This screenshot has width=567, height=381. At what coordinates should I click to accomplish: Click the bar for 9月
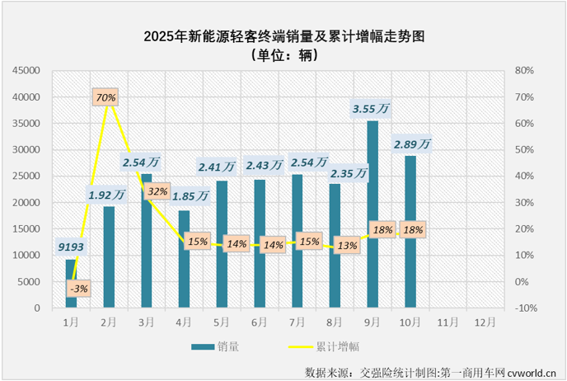pyautogui.click(x=373, y=214)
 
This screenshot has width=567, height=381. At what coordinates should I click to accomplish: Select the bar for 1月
pyautogui.click(x=71, y=284)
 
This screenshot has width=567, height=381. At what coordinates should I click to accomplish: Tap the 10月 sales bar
pyautogui.click(x=410, y=232)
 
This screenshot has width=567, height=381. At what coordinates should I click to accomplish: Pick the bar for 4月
pyautogui.click(x=184, y=259)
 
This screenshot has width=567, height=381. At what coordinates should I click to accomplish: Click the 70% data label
pyautogui.click(x=105, y=97)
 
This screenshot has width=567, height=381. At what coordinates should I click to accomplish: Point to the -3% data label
pyautogui.click(x=80, y=289)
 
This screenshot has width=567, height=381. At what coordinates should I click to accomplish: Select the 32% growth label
pyautogui.click(x=156, y=192)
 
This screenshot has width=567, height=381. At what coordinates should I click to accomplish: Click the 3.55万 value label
pyautogui.click(x=371, y=108)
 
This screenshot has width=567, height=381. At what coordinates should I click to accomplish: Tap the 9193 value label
pyautogui.click(x=71, y=245)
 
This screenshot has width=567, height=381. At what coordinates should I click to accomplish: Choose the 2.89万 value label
pyautogui.click(x=414, y=143)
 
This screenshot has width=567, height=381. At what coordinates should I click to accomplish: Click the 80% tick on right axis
pyautogui.click(x=525, y=71)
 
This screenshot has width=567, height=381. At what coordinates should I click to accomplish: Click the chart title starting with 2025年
pyautogui.click(x=283, y=36)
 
